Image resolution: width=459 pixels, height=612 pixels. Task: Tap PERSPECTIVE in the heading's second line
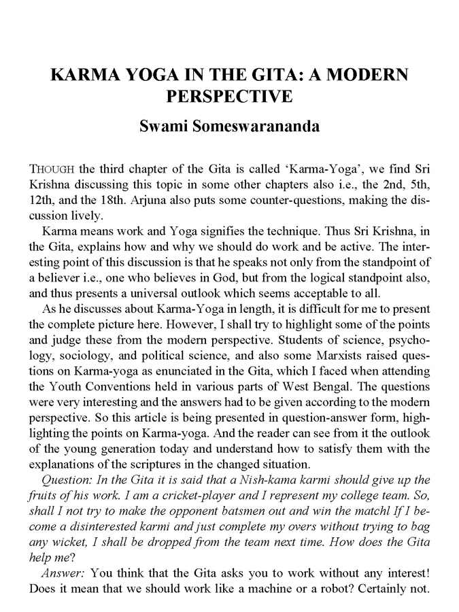point(229,96)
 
